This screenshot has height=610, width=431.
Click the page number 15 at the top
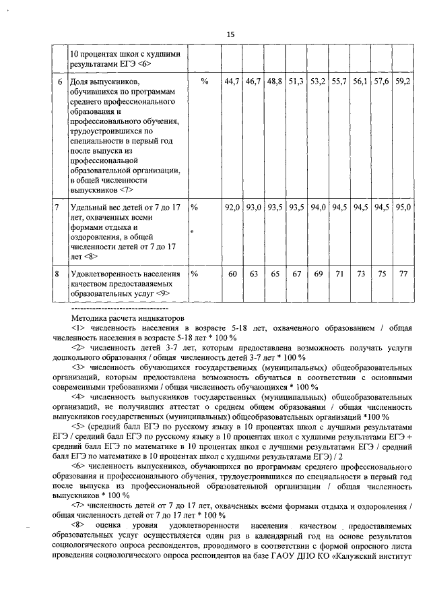point(230,35)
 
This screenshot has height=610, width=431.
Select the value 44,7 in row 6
point(232,82)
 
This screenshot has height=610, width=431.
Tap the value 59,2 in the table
point(403,82)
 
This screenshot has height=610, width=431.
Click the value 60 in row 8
point(233,275)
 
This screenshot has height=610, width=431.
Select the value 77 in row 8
point(403,275)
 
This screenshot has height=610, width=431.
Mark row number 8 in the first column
point(59,275)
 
